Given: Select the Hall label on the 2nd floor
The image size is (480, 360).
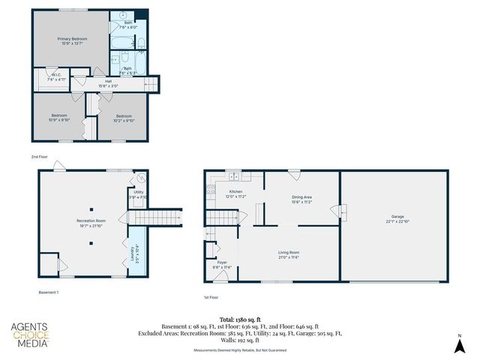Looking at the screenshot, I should [x=109, y=84].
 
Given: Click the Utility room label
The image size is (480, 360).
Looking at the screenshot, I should [x=138, y=194].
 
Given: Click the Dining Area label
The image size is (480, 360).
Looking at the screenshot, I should [x=302, y=199].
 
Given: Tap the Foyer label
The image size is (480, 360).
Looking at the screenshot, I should [x=222, y=265].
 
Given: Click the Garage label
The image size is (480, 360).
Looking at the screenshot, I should [x=396, y=218].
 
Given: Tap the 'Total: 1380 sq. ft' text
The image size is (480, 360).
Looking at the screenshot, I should [x=239, y=319].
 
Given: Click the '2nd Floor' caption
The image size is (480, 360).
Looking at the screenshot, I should [x=39, y=157].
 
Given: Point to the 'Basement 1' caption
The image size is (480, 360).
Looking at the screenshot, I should [x=49, y=291].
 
